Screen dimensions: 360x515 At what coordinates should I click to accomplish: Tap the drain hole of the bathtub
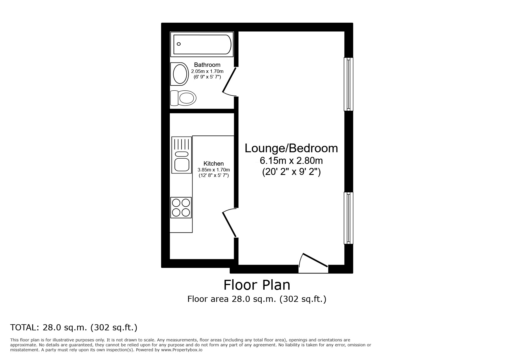pos(179,44)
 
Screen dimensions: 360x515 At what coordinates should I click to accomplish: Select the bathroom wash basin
pos(180,74)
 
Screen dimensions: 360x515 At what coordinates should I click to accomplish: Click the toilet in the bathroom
pos(183,98)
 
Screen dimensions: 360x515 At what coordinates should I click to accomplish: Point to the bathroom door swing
pos(229,81)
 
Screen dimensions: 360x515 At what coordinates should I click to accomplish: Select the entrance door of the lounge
pos(315,260)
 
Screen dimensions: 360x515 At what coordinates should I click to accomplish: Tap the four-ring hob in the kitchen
pos(181,207)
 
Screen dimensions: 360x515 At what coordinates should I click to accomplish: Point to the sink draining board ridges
pos(181,144)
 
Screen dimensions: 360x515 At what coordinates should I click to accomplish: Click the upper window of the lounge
pos(348,84)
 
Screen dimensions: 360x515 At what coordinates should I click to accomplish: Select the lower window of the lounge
pos(348,218)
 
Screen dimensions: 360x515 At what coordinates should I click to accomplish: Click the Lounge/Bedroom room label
pos(291,148)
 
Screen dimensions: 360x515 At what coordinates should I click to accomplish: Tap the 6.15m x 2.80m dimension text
pos(291,160)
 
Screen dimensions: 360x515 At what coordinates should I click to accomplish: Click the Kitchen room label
pos(213,164)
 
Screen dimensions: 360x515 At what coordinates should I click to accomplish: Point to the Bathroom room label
pos(207,65)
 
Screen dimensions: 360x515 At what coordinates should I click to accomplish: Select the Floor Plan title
pos(257,285)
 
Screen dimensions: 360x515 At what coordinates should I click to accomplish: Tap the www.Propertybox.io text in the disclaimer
pos(182,350)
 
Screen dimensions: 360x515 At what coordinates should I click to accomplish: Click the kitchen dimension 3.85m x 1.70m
pos(213,170)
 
